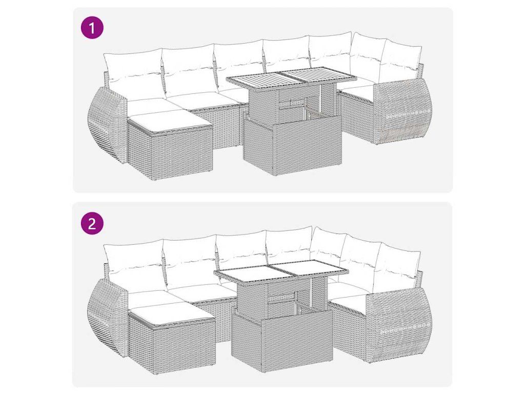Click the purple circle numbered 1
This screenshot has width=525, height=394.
(92, 28)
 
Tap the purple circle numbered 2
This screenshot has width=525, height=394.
(92, 223)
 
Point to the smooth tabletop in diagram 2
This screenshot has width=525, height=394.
(281, 271)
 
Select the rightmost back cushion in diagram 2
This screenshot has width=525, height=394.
(398, 265)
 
